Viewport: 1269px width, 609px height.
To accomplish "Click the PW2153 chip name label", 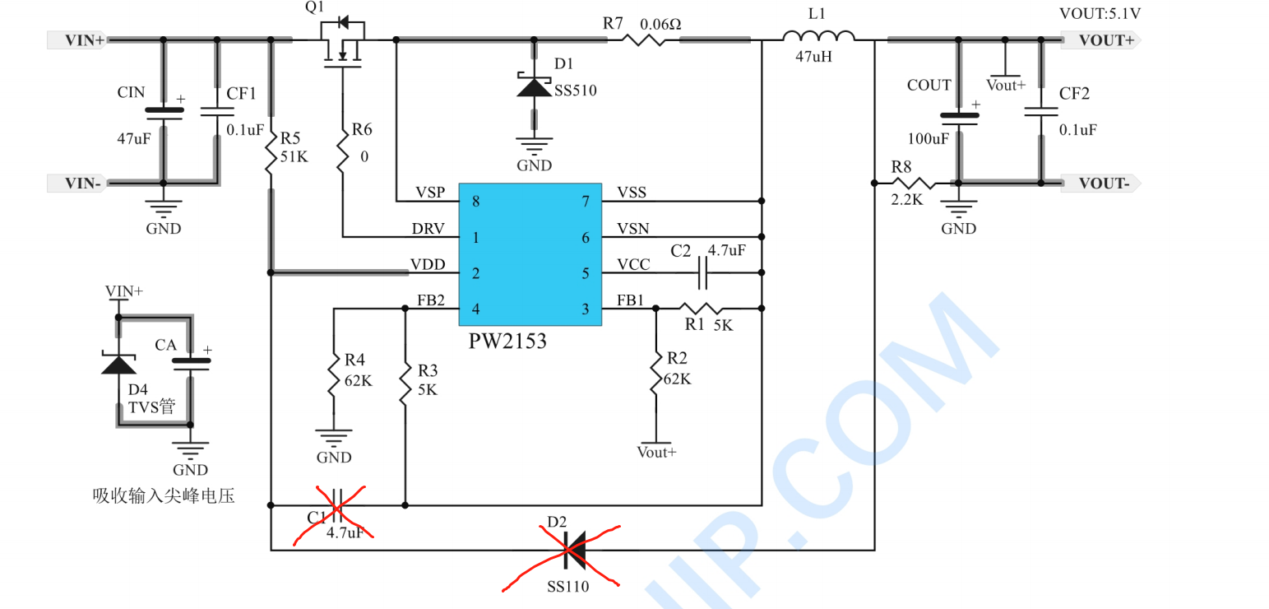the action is [507, 342].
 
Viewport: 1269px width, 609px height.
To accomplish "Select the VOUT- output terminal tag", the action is [1100, 184].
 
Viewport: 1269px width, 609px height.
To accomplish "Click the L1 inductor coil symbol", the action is [818, 36].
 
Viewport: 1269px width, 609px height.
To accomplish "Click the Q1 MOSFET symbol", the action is [343, 44].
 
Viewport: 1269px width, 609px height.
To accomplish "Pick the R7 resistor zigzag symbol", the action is [643, 40].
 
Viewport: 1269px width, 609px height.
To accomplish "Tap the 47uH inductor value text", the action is [813, 57].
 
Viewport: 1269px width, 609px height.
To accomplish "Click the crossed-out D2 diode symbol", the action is [575, 550].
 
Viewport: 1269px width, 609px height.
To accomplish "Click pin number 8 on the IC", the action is [476, 202].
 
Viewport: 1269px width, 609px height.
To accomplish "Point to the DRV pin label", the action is [428, 229].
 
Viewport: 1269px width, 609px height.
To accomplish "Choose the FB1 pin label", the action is [630, 300].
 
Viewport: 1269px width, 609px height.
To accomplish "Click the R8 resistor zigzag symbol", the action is [914, 183].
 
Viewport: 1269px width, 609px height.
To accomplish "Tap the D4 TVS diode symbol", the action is [118, 364].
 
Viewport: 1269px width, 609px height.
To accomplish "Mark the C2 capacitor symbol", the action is [702, 272].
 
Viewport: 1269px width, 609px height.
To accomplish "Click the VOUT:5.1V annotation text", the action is [1100, 14].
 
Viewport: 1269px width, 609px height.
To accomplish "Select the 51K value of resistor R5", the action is [294, 156].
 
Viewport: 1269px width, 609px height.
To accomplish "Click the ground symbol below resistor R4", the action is [334, 438].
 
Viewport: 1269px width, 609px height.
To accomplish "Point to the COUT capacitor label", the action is [929, 85].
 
